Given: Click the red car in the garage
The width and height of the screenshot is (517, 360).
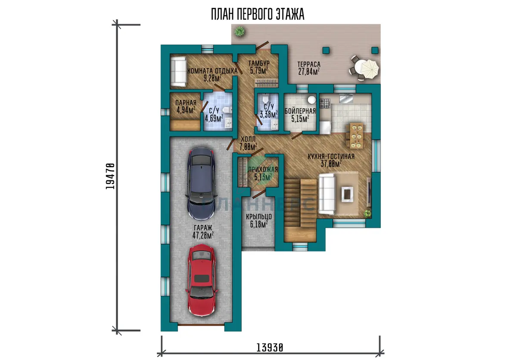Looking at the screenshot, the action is [x=202, y=280].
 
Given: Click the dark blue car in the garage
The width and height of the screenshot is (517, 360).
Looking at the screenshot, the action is [x=202, y=183].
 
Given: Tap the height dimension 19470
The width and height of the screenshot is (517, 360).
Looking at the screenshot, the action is [x=110, y=177].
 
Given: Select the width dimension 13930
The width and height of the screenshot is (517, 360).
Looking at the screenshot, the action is [x=270, y=348].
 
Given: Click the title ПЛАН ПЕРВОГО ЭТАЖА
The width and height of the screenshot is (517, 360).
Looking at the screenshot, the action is [x=258, y=14].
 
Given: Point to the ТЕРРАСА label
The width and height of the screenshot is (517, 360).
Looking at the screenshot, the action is [x=309, y=64].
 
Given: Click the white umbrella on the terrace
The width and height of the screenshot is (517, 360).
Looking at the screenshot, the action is [x=370, y=69].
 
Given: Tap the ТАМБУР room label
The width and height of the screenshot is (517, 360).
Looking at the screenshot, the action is [x=259, y=63].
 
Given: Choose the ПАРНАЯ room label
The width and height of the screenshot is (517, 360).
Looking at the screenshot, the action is [x=186, y=103].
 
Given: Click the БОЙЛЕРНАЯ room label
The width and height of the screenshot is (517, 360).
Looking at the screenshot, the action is [x=300, y=111].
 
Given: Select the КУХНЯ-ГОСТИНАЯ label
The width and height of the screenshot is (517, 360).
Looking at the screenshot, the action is [x=331, y=156].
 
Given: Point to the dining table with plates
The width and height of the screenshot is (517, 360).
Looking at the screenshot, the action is [x=356, y=136].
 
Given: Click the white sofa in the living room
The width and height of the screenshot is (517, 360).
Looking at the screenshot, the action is [x=327, y=194].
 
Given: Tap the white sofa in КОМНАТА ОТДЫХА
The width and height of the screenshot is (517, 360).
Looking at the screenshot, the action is [x=178, y=72].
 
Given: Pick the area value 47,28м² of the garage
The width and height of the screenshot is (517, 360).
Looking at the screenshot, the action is [x=203, y=236].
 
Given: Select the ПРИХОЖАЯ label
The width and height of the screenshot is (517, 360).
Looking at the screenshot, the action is [x=263, y=170].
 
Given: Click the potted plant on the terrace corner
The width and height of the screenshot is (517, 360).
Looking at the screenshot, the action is [x=240, y=31].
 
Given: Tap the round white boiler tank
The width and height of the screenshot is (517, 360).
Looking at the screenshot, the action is [x=312, y=100].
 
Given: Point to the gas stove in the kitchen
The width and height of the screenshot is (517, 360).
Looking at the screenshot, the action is [x=325, y=103].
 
